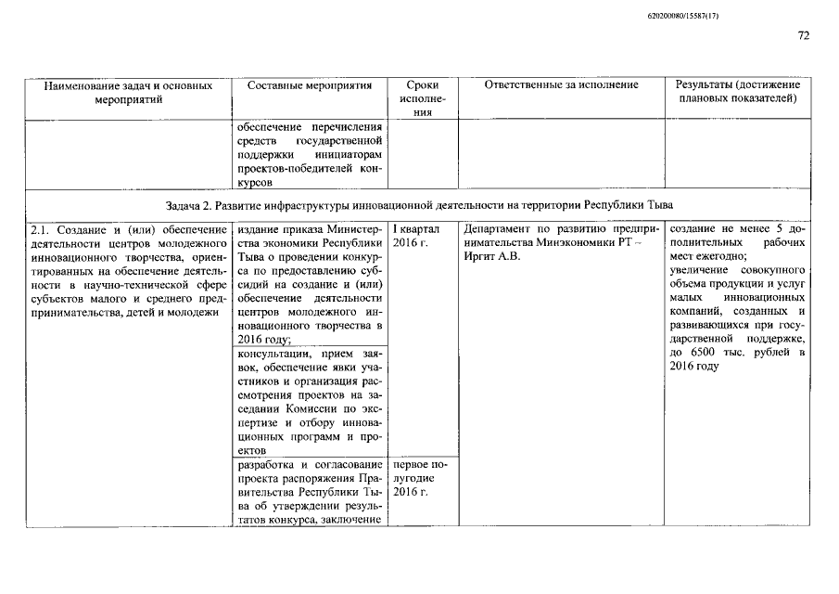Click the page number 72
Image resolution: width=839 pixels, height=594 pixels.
click(803, 36)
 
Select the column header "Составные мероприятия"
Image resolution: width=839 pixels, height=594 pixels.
click(310, 85)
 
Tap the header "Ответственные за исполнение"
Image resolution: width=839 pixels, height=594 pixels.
click(562, 85)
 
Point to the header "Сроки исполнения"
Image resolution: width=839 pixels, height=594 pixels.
click(423, 98)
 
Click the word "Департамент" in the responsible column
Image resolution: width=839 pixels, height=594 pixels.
click(499, 229)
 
